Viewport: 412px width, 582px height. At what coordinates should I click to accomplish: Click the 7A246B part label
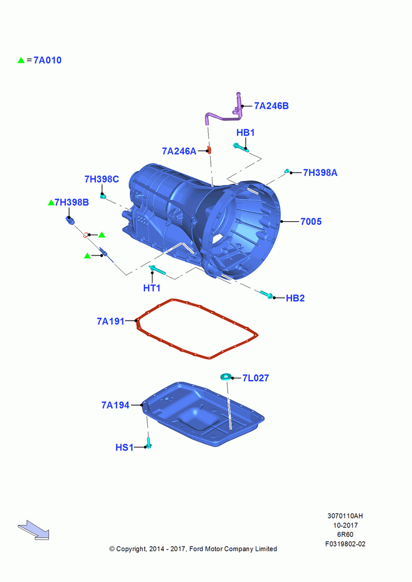tap(271, 106)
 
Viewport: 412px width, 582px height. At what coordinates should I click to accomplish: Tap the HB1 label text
tap(246, 133)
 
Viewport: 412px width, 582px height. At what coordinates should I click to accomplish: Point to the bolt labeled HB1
tap(241, 148)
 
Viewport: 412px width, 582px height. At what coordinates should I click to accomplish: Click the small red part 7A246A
tap(209, 150)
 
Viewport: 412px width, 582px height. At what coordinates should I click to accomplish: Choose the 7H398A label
tap(320, 173)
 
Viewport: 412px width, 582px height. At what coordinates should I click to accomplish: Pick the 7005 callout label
tap(311, 222)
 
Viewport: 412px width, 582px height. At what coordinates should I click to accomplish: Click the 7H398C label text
tap(102, 179)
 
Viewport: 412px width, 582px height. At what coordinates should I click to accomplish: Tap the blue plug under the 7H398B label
tap(70, 220)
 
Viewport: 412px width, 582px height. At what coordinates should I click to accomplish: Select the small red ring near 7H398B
tap(86, 235)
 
